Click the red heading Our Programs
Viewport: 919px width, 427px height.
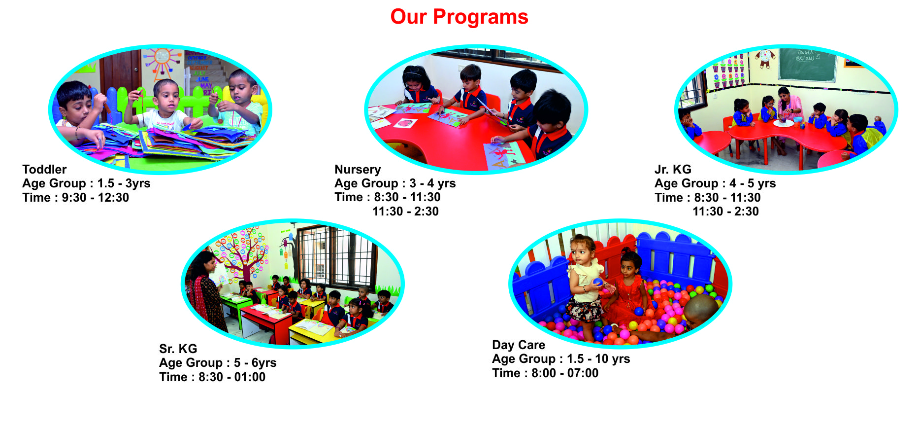(x=459, y=17)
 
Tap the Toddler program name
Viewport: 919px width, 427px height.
(x=44, y=169)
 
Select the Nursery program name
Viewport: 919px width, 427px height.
(x=358, y=170)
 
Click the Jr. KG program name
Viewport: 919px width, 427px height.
(x=673, y=169)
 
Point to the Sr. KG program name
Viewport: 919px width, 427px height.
(x=178, y=349)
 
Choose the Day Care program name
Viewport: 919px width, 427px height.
(x=519, y=345)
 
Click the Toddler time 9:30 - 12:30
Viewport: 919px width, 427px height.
(x=95, y=198)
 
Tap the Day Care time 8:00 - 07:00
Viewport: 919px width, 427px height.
(x=565, y=373)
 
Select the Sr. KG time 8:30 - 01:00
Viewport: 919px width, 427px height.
(x=232, y=377)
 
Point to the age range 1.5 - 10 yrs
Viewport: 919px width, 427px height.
(x=598, y=359)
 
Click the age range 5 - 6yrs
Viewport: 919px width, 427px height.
(x=255, y=363)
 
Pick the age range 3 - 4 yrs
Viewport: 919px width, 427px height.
(x=432, y=183)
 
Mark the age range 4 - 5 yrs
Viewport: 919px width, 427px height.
(x=753, y=183)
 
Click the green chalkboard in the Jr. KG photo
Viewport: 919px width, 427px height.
(x=807, y=65)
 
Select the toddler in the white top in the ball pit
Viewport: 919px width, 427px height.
(x=586, y=286)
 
